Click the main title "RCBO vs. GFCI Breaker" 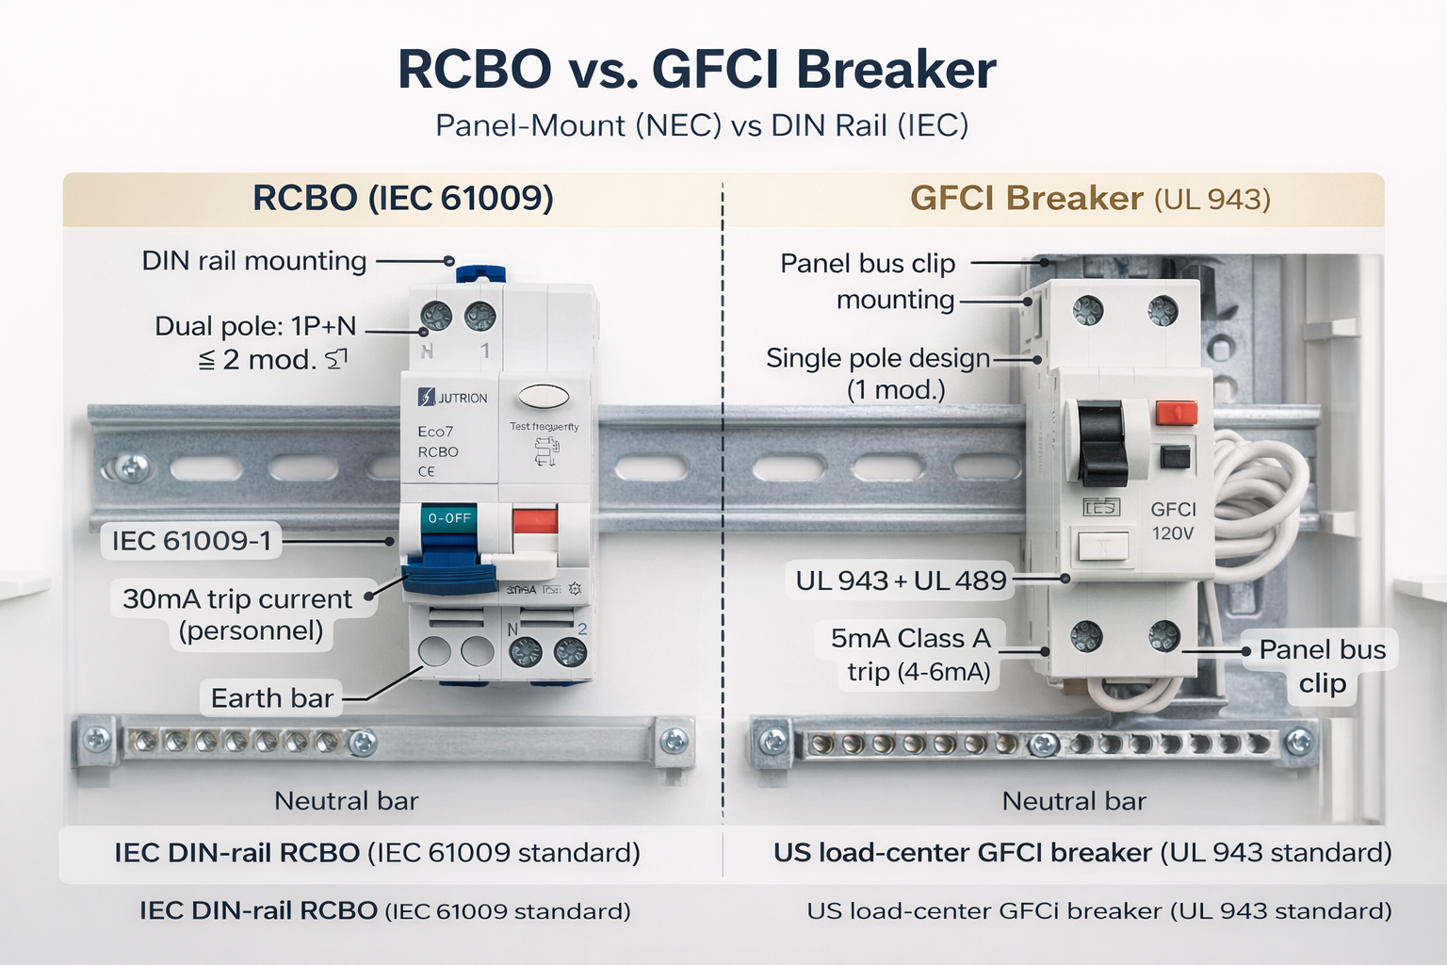coord(697,70)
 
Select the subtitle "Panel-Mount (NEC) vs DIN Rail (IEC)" coord(702,125)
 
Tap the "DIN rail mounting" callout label coord(253,261)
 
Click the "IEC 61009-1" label coord(191,541)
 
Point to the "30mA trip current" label coord(237,599)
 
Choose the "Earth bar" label coord(271,698)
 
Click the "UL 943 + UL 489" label coord(901,581)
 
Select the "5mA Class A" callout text coord(910,639)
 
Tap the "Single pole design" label coord(877,358)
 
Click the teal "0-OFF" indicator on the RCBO coord(449,518)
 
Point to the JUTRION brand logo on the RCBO coord(453,398)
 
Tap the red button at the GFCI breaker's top coord(1176,413)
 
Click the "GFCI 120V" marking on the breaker coord(1173,521)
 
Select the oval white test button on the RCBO coord(544,396)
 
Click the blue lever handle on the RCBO coord(449,577)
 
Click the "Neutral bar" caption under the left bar coord(346,801)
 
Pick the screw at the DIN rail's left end coord(131,466)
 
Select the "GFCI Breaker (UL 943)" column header coord(1090,199)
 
